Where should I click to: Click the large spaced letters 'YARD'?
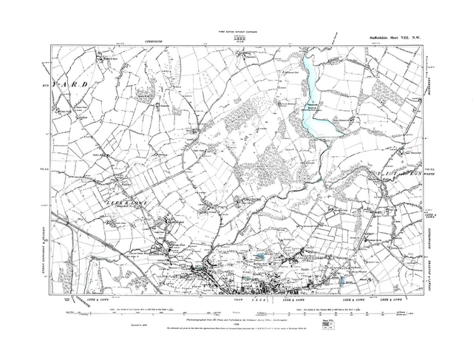(75, 86)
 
